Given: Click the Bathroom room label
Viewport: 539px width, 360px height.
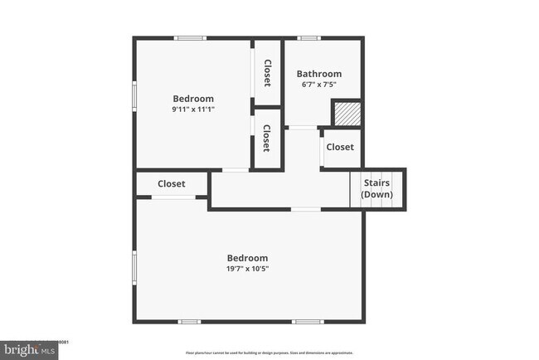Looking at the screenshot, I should (x=319, y=74).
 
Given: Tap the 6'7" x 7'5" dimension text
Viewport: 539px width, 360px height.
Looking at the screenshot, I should (x=319, y=85).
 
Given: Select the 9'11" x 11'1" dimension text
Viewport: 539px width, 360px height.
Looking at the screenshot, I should (x=193, y=109).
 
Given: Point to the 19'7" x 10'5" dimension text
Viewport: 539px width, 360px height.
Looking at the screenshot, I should (x=248, y=269).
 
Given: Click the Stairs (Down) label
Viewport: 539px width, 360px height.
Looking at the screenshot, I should (x=376, y=188).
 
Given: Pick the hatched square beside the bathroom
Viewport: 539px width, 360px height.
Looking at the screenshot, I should (x=345, y=113).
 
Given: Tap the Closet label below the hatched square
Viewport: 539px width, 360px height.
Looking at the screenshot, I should (x=340, y=147).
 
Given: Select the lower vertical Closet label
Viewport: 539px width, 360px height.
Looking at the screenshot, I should (x=266, y=139).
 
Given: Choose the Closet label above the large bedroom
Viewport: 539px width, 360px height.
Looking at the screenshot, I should (x=171, y=183).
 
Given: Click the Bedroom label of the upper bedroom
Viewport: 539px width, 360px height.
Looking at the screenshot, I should (x=193, y=99).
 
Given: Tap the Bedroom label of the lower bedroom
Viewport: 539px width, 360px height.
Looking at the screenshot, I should (x=248, y=258).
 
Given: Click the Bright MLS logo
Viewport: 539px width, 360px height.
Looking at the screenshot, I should (x=29, y=350).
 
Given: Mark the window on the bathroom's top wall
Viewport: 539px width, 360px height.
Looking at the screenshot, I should (x=309, y=38).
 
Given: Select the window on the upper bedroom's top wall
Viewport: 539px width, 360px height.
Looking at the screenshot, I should (x=191, y=38).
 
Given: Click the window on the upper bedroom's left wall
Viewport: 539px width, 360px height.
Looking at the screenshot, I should (x=135, y=95).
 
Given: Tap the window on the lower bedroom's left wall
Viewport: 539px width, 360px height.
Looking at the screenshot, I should (x=135, y=268).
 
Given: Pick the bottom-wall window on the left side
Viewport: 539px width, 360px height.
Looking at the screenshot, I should (x=189, y=322).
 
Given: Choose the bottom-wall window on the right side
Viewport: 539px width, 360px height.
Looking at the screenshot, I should (x=308, y=322).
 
